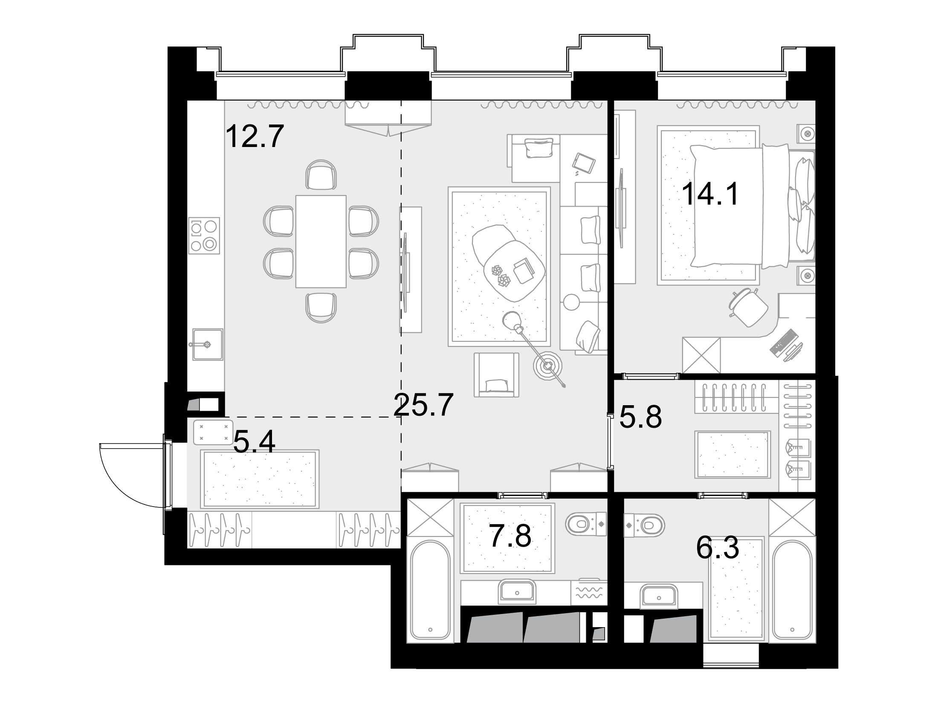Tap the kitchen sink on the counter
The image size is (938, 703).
click(x=208, y=345)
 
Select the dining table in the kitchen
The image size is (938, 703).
click(x=321, y=241)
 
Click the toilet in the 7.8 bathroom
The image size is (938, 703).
click(x=586, y=524)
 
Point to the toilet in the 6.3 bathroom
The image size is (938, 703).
click(x=644, y=523)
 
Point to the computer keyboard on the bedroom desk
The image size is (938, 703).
click(x=783, y=341)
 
